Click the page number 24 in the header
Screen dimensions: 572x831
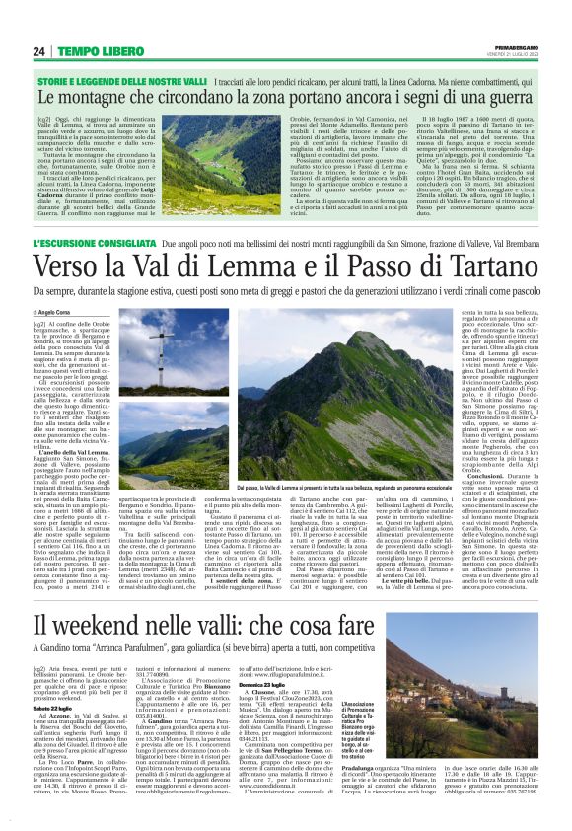[40, 51]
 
